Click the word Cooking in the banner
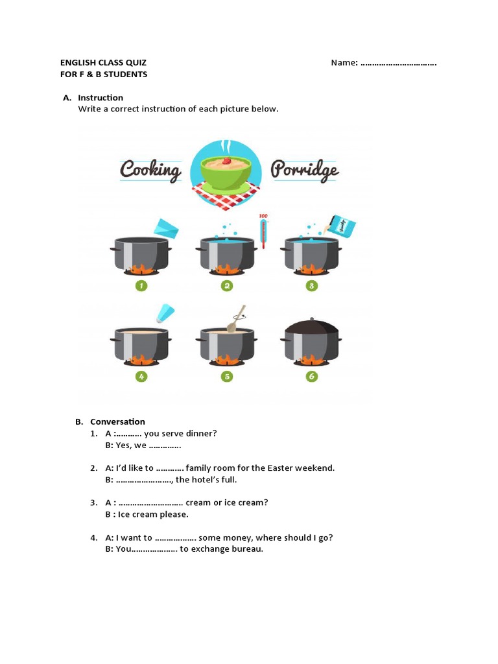point(150,171)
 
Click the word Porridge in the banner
point(305,171)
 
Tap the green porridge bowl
point(226,172)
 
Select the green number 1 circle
point(141,285)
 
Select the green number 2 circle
point(226,285)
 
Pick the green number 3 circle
point(312,285)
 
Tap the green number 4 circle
point(141,376)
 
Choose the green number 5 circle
point(226,376)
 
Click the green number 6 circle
point(312,376)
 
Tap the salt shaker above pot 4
point(164,313)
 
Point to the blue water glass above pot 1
point(167,228)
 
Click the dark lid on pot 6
point(312,326)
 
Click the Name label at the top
point(344,63)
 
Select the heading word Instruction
point(101,98)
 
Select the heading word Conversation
point(117,421)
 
